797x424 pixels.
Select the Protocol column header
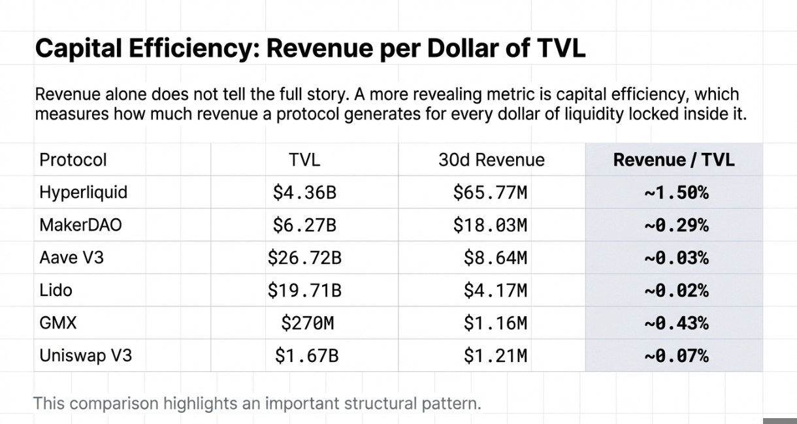(x=73, y=160)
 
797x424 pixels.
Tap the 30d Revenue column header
(x=491, y=160)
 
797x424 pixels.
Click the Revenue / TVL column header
(x=674, y=160)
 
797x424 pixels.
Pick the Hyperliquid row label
(x=83, y=193)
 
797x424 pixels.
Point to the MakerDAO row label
(x=80, y=225)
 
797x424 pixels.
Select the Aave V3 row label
(x=71, y=258)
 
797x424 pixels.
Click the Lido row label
(x=56, y=291)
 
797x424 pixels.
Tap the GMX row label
(x=58, y=323)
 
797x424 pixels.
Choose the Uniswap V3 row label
(x=86, y=356)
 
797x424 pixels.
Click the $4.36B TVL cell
(x=304, y=193)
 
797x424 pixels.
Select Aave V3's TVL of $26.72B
(x=304, y=258)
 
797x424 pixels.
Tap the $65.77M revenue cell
(x=490, y=193)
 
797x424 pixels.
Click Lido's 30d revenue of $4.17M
(x=495, y=291)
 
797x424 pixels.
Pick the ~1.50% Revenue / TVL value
(x=676, y=193)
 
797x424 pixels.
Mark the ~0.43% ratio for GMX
(x=676, y=323)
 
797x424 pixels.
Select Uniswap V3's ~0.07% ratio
(x=676, y=356)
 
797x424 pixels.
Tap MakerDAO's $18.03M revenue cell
(x=490, y=225)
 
